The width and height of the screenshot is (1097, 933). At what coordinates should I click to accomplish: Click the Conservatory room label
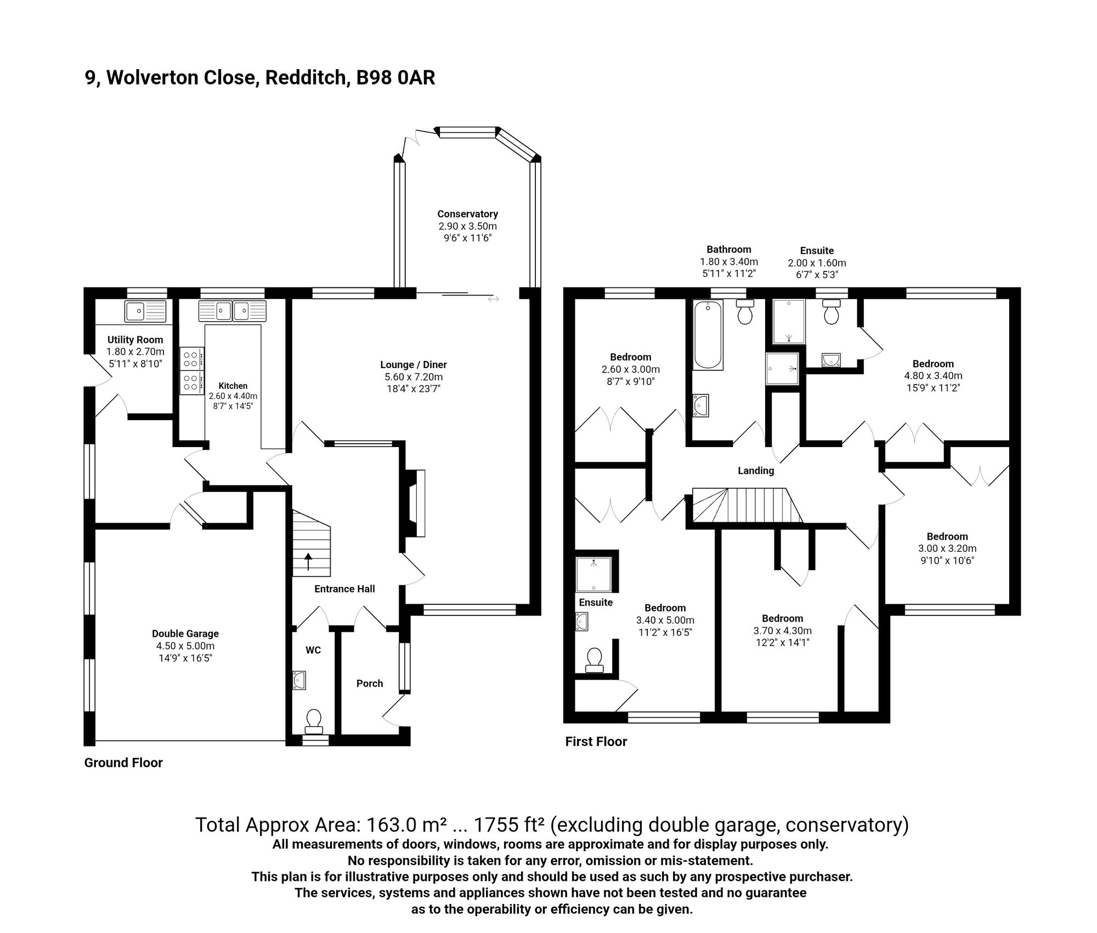pyautogui.click(x=467, y=214)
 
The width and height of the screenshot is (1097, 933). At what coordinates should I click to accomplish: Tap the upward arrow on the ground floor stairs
pyautogui.click(x=308, y=561)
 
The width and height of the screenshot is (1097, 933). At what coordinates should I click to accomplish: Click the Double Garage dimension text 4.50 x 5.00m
pyautogui.click(x=185, y=646)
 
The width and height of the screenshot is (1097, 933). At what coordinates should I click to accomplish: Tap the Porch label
pyautogui.click(x=369, y=683)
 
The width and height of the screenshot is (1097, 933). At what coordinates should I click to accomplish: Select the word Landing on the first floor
pyautogui.click(x=755, y=471)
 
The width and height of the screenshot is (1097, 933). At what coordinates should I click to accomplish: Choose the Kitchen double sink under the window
pyautogui.click(x=233, y=311)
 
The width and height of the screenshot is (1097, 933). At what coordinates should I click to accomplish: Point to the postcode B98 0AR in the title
pyautogui.click(x=395, y=78)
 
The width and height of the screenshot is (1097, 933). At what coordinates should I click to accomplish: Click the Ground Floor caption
pyautogui.click(x=123, y=763)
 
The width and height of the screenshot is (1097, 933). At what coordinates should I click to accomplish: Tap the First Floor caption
pyautogui.click(x=596, y=742)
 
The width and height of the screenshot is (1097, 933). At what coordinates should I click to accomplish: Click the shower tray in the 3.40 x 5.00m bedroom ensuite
pyautogui.click(x=593, y=574)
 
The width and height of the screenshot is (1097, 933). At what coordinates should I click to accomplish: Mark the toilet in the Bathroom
pyautogui.click(x=744, y=312)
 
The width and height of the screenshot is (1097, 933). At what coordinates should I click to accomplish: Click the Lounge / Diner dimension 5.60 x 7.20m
pyautogui.click(x=414, y=377)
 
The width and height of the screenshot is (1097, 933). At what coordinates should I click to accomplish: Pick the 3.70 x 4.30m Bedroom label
pyautogui.click(x=782, y=619)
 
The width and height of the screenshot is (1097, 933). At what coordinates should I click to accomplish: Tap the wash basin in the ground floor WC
pyautogui.click(x=299, y=680)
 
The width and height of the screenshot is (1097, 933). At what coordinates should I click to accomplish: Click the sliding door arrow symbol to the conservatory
pyautogui.click(x=493, y=299)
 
